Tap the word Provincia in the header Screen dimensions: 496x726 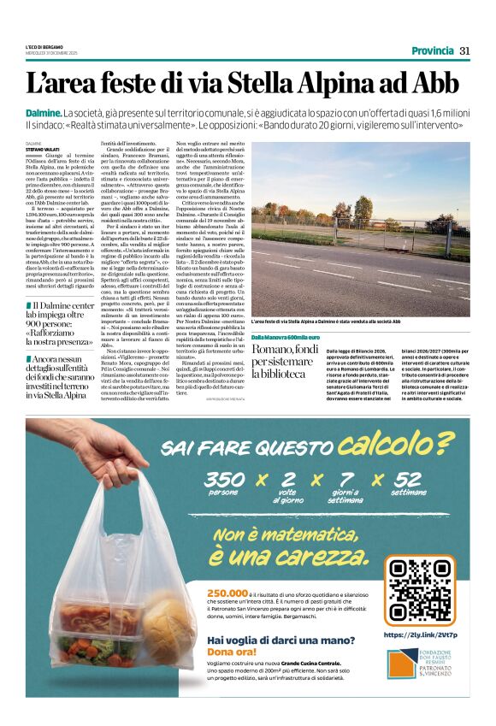click(432, 50)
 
